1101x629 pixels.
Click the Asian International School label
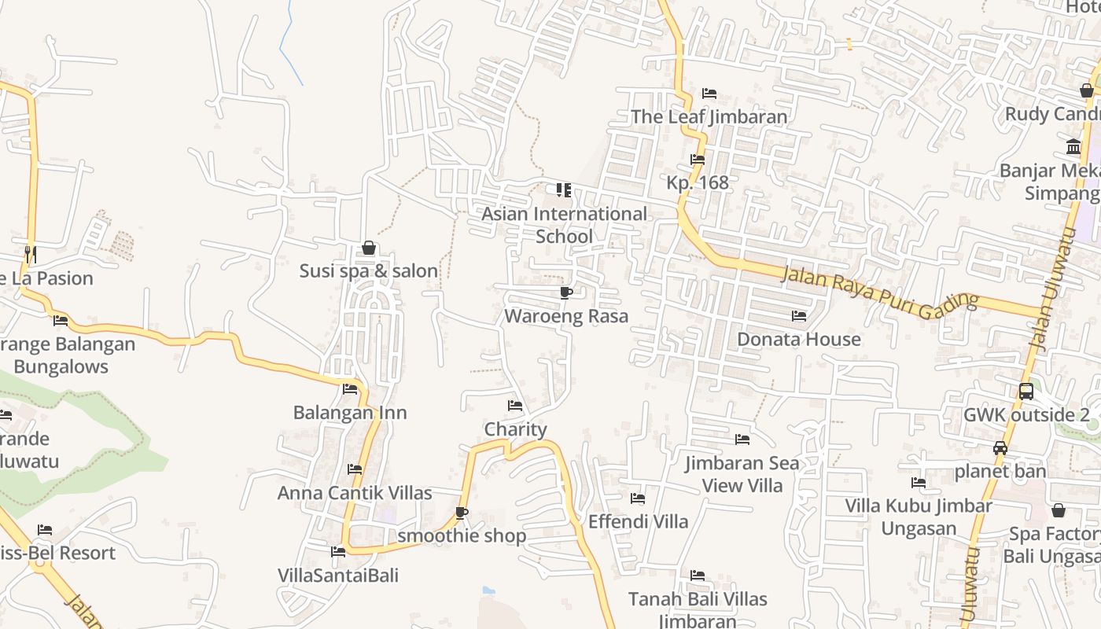[564, 225]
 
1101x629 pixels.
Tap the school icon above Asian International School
[564, 190]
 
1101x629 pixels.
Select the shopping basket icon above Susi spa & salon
[368, 248]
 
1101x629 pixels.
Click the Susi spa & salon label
[368, 271]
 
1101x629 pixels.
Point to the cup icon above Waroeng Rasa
[565, 293]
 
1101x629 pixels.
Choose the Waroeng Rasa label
[566, 316]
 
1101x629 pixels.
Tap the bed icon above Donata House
[799, 316]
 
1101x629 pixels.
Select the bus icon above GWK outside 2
[1026, 391]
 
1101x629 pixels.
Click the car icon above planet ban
[1000, 448]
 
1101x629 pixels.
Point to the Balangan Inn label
[350, 413]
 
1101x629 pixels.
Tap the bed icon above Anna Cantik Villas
[355, 469]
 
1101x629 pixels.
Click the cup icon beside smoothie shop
[462, 513]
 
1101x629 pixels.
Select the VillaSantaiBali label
[338, 576]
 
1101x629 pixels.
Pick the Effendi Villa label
[638, 521]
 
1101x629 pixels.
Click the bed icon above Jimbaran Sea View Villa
[742, 440]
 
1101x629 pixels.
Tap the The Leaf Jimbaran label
[709, 117]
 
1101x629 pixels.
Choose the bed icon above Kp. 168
[698, 160]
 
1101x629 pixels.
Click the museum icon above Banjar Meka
[1073, 147]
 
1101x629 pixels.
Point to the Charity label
[515, 429]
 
